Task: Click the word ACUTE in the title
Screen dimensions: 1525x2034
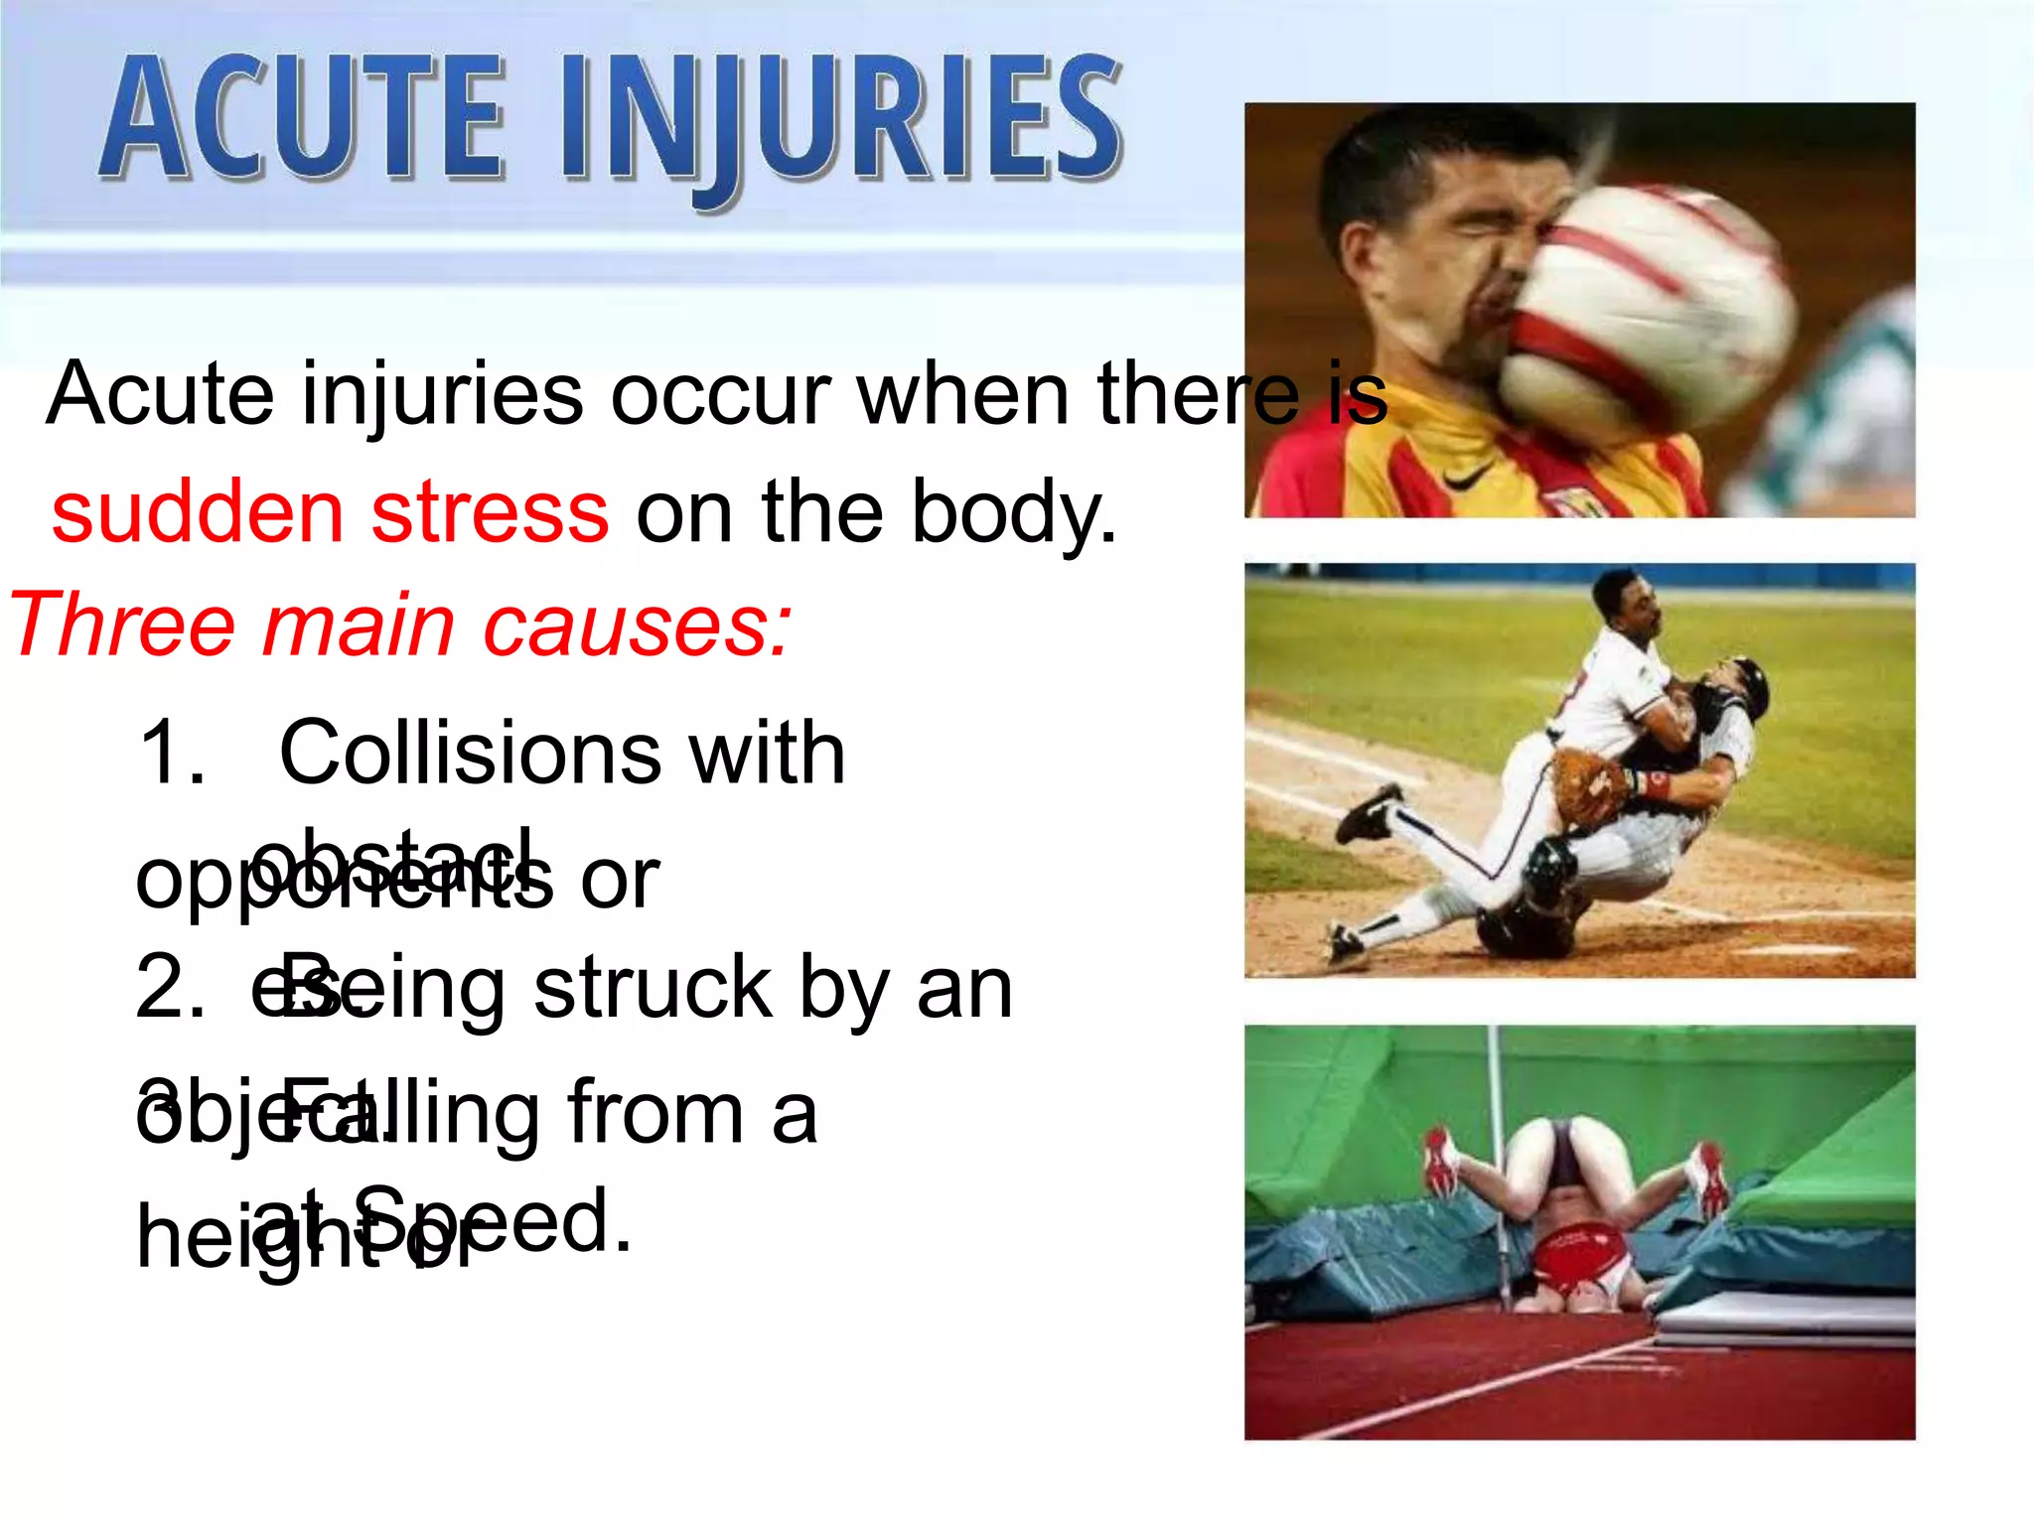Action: pos(303,119)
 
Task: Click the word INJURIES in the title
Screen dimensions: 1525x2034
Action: pos(839,124)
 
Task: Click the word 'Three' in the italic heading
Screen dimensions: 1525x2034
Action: pos(119,625)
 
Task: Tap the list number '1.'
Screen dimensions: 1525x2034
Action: pos(174,753)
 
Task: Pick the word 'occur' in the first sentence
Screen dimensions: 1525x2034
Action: pos(719,394)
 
